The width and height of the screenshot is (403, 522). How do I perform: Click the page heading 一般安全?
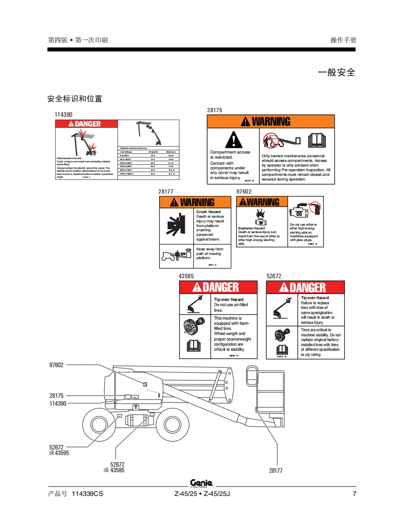336,73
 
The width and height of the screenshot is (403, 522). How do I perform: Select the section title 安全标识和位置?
74,99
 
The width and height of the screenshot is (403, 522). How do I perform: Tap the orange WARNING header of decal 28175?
271,121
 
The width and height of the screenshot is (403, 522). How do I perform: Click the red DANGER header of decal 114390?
87,124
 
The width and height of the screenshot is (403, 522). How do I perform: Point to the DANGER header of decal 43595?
218,288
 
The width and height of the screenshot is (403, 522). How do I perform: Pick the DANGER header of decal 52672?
305,288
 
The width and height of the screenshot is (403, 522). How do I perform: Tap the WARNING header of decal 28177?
195,202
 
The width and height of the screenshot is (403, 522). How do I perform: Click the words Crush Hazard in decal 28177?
208,212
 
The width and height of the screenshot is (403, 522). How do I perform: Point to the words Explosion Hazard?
251,228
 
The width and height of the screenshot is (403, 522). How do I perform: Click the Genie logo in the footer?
201,483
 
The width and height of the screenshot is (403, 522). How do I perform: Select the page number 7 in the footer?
354,494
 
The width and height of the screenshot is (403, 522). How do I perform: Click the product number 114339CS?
87,494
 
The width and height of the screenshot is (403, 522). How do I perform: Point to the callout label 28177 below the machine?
275,470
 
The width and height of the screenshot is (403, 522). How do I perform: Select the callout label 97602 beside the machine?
56,365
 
